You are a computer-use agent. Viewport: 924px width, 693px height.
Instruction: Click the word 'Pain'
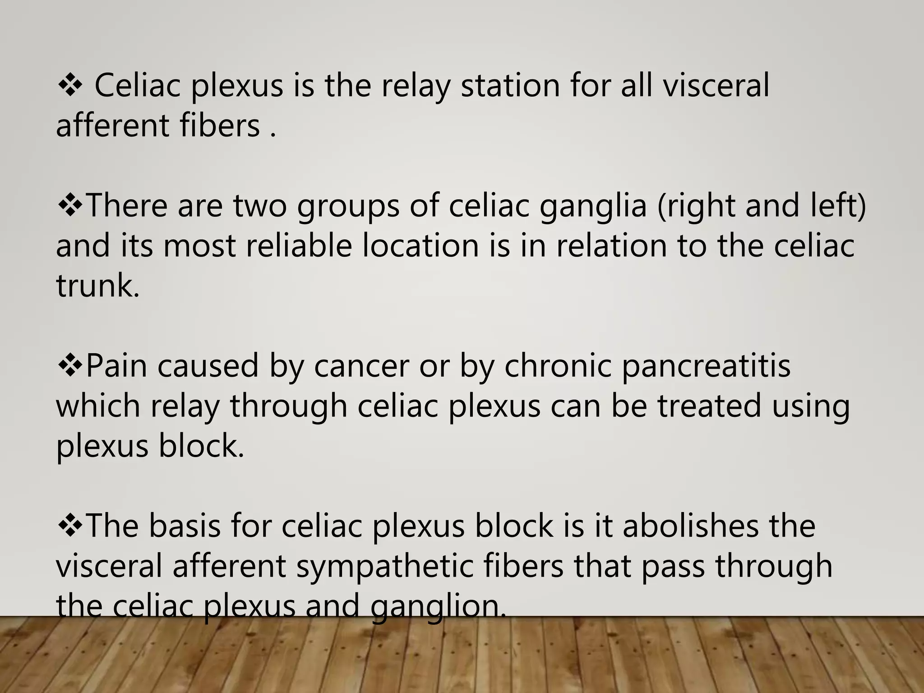click(x=116, y=365)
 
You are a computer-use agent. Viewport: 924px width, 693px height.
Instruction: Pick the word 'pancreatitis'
click(x=706, y=365)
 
